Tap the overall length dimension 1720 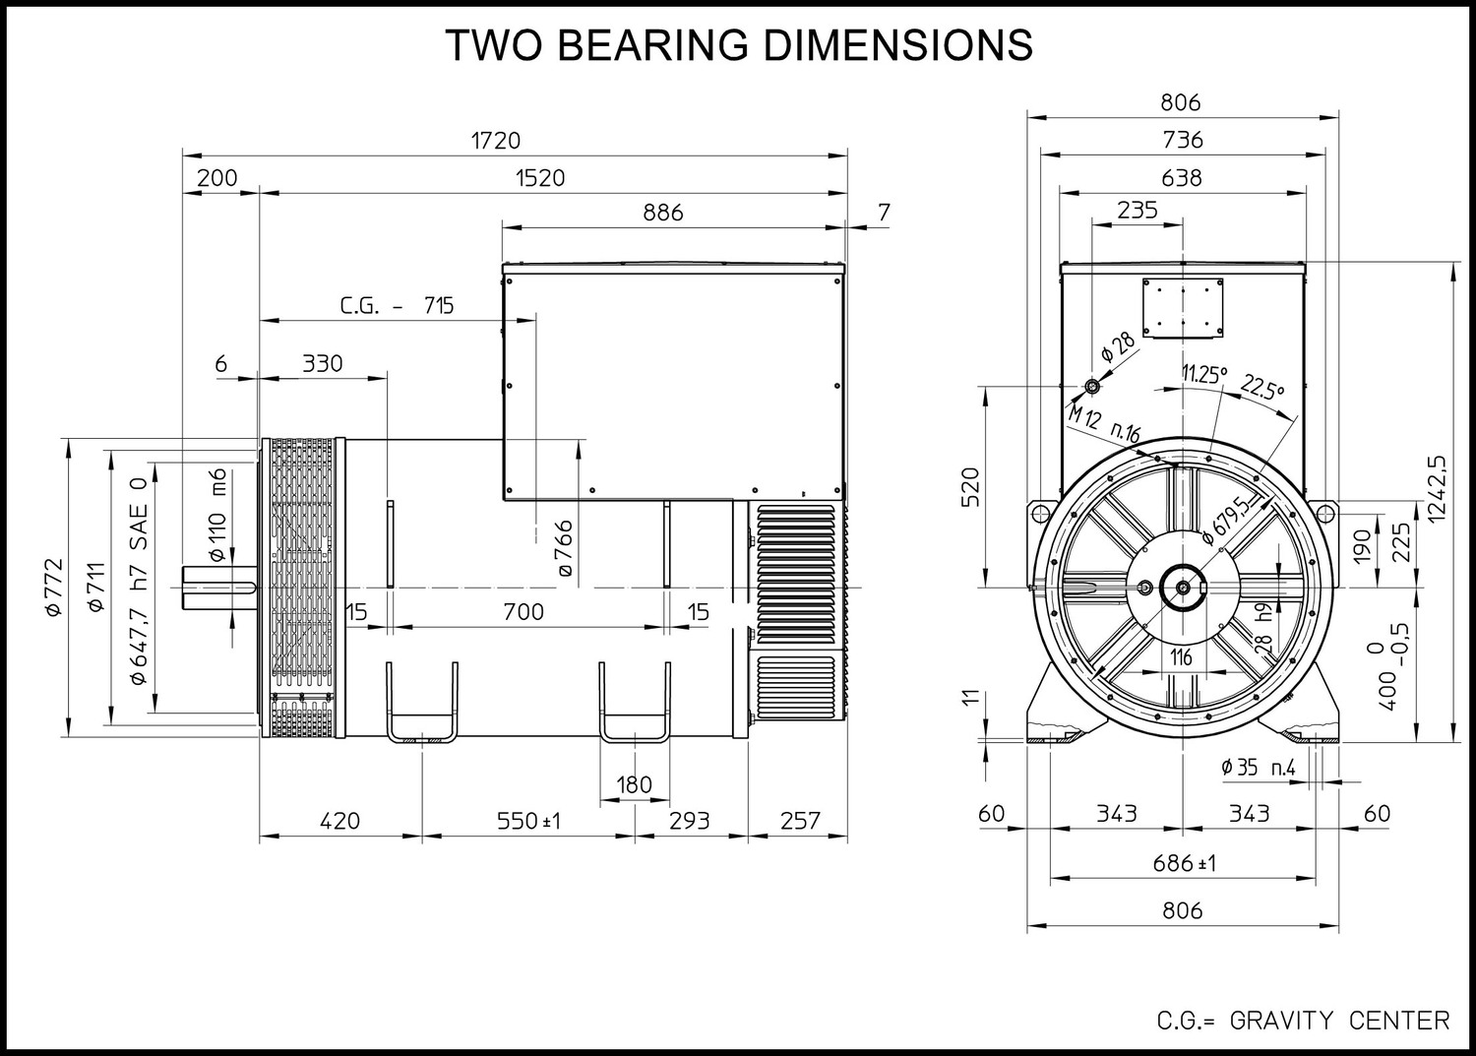[x=496, y=141]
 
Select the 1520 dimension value [x=540, y=178]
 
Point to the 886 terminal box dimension [x=663, y=213]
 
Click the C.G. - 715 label [x=397, y=305]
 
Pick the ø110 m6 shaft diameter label [x=217, y=515]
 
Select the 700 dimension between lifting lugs [x=523, y=612]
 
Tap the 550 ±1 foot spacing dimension [x=528, y=821]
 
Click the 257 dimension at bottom [x=800, y=821]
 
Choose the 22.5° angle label [x=1262, y=387]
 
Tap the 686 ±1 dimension [x=1184, y=863]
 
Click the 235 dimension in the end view [x=1138, y=210]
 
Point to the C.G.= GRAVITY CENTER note [x=1304, y=1021]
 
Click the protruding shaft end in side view [x=219, y=587]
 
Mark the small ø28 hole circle [x=1092, y=386]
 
